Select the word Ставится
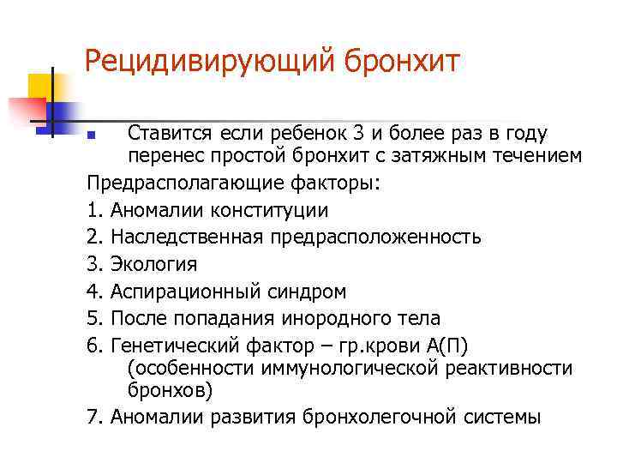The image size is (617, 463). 168,134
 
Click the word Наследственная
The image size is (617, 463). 183,236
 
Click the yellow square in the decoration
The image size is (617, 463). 40,86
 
